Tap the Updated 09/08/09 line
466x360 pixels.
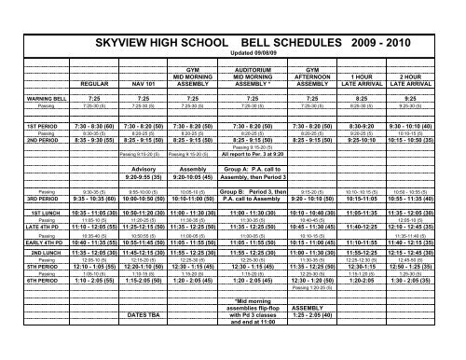[234, 53]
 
